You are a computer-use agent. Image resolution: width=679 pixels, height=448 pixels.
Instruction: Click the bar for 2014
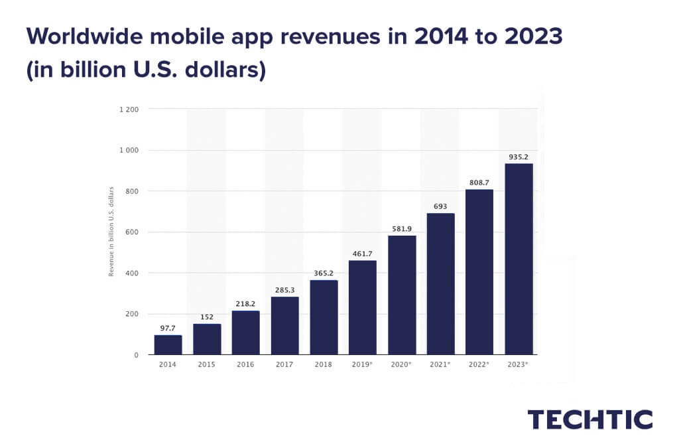pos(168,344)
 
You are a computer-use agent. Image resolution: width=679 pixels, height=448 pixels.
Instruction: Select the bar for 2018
pos(324,317)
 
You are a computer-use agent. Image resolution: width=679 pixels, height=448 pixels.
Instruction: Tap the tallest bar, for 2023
pos(519,259)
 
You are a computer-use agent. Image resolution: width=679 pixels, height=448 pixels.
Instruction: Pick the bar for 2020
pos(402,295)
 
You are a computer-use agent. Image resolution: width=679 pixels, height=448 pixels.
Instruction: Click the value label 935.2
pos(519,157)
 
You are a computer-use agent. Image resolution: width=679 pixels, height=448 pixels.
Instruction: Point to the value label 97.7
pos(168,329)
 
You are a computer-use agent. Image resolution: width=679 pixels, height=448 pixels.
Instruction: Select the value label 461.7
pos(363,254)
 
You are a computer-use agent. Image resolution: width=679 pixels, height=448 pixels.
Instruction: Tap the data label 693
pos(441,207)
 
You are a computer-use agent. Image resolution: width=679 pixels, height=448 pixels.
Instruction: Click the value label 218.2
pos(246,304)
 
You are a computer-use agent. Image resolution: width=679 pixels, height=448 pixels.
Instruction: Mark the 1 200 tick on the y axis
pos(128,110)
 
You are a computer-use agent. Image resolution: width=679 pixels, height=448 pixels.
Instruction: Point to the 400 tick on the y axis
pos(132,273)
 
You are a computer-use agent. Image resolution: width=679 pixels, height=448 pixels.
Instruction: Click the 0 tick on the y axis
pos(135,355)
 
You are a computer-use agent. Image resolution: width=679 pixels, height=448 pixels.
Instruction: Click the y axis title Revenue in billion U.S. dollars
pos(112,232)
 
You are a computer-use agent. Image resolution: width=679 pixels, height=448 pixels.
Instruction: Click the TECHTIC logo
pos(589,419)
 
